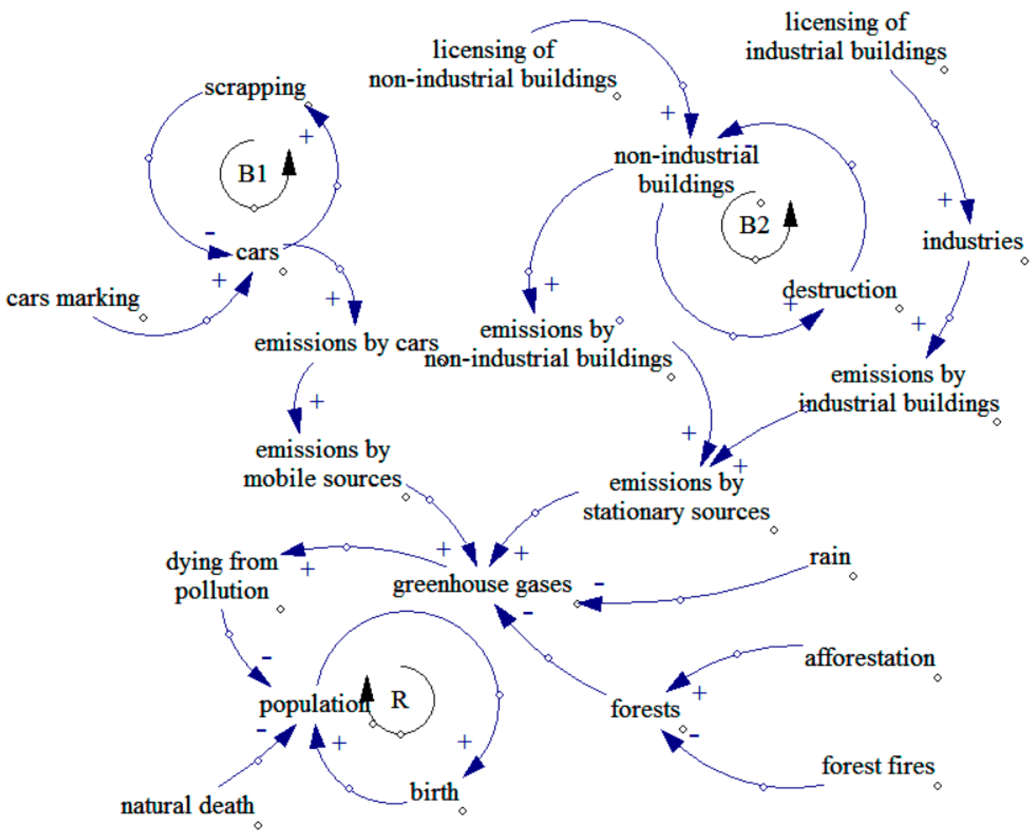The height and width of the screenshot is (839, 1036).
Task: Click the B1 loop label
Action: pos(252,174)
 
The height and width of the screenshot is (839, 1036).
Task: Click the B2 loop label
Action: pos(754,225)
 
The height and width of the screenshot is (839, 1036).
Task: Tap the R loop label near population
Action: pos(399,700)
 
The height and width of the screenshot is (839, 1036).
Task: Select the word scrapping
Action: pos(255,88)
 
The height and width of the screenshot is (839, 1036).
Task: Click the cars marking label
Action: pos(73,298)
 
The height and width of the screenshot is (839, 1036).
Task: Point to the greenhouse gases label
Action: pos(482,584)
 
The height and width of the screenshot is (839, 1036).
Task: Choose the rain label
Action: pos(830,557)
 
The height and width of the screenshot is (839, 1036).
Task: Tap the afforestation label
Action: pos(869,658)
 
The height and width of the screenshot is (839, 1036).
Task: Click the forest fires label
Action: pos(878,766)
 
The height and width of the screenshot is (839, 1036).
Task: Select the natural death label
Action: pos(187,805)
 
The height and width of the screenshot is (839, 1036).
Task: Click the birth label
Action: pos(434,792)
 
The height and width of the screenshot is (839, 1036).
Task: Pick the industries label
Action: pos(972,241)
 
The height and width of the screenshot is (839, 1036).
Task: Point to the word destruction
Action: pos(839,290)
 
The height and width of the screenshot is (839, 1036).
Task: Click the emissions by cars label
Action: pos(346,343)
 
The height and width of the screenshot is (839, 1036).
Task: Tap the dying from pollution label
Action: pos(222,576)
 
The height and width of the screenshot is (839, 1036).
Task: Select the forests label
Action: pos(645,709)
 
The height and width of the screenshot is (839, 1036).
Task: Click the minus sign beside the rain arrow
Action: pos(599,584)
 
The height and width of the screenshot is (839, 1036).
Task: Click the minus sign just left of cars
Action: pos(210,233)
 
